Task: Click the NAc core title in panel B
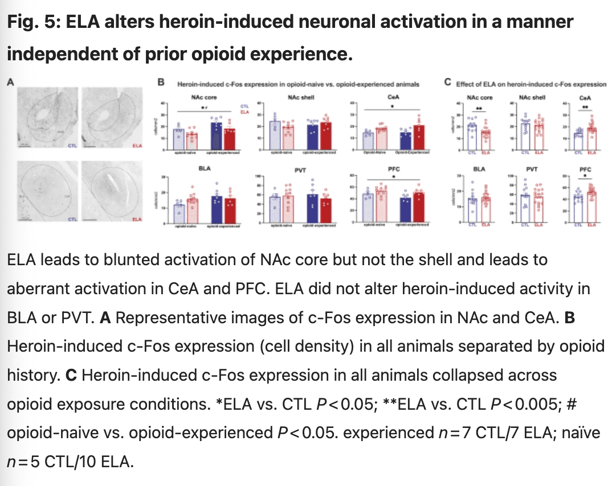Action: tap(203, 97)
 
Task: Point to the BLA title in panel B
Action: tap(203, 169)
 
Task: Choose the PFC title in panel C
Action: tap(585, 169)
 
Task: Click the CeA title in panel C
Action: tap(585, 97)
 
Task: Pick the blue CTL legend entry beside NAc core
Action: tap(244, 106)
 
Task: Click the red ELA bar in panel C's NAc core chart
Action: tap(485, 140)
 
